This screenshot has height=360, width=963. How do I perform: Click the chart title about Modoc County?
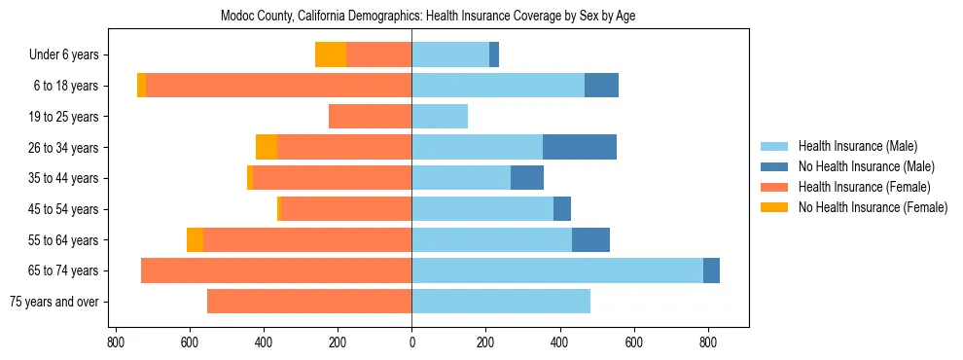428,17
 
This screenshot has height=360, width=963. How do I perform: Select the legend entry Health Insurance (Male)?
857,146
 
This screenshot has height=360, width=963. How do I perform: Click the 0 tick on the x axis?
411,342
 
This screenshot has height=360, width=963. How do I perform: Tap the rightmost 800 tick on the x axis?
708,342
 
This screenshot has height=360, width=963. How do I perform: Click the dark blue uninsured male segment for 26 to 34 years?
580,147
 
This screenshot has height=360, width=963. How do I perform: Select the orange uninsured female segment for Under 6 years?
331,55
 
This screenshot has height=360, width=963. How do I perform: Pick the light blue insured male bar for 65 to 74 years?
557,270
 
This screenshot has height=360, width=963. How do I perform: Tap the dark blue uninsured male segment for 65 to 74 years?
711,270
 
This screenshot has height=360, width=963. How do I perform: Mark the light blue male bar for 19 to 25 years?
440,117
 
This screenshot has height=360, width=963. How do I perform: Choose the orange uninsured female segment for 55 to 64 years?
195,240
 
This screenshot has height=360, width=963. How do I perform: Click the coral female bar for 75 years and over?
309,302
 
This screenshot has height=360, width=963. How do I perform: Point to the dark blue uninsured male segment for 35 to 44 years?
527,178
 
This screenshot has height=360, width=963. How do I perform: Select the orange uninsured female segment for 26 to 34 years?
267,147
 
